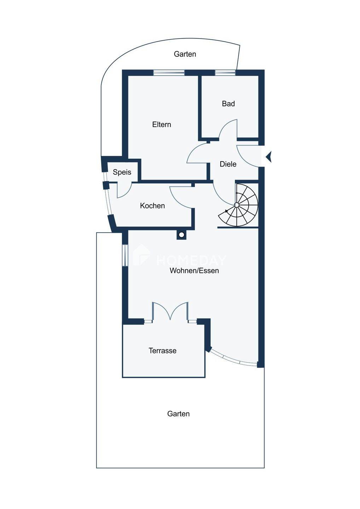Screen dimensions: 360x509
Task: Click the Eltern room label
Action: point(162,124)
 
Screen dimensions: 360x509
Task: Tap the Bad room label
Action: point(228,104)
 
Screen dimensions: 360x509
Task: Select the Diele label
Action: point(228,164)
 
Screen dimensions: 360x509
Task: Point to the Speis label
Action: point(122,172)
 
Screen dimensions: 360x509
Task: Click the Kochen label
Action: point(152,206)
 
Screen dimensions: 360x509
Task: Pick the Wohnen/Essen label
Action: point(194,271)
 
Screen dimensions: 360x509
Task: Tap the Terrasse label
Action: point(163,351)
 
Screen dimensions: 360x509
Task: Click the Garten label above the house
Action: point(185,54)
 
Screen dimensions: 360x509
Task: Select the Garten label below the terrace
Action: point(179,414)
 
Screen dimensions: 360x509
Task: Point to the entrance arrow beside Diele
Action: point(269,157)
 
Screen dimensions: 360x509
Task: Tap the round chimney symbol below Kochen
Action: point(181,235)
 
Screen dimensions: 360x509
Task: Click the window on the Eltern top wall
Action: point(169,73)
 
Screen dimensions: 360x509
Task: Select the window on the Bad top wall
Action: point(225,73)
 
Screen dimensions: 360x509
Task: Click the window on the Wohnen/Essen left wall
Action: point(125,255)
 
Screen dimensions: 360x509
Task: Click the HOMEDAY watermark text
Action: point(191,261)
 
